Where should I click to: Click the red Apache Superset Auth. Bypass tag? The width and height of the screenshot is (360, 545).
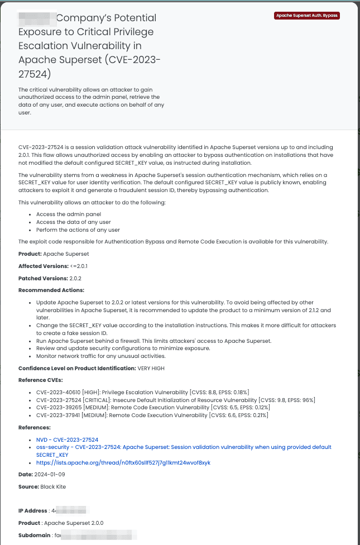[307, 16]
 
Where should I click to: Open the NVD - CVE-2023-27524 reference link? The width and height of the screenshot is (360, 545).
[67, 440]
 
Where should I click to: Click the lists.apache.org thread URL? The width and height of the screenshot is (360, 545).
[123, 462]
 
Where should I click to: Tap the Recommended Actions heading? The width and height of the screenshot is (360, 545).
[51, 290]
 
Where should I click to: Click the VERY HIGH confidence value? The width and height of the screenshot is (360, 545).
[151, 369]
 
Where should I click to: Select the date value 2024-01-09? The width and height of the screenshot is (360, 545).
[50, 475]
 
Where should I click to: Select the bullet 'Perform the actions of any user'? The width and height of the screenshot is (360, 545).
[78, 230]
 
